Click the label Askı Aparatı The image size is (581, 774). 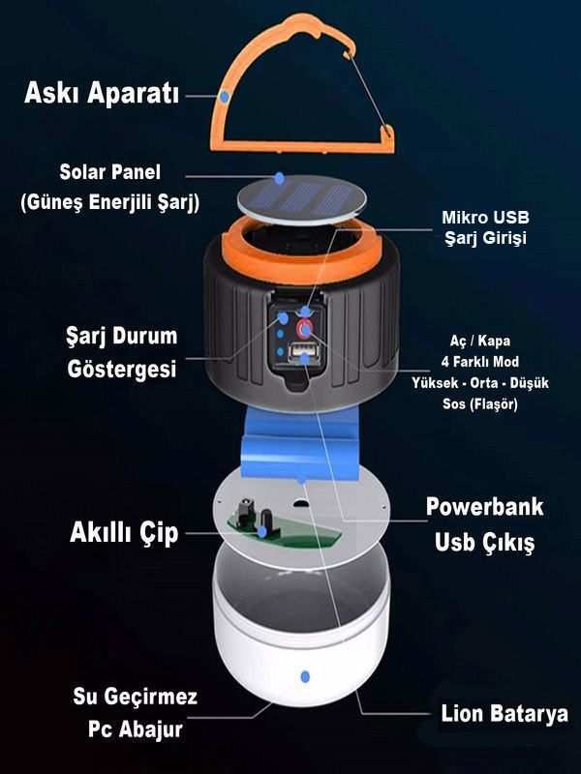[102, 92]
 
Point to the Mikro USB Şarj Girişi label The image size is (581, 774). [485, 227]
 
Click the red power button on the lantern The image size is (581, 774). [304, 328]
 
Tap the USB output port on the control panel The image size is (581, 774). [303, 352]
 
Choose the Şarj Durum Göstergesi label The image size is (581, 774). [122, 352]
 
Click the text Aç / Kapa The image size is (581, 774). [479, 341]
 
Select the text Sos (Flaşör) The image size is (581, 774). [479, 404]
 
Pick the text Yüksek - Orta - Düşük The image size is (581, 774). [479, 382]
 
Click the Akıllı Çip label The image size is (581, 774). [124, 533]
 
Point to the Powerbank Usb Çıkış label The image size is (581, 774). [485, 524]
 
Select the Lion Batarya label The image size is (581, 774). [504, 713]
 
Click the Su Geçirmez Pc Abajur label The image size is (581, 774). [135, 713]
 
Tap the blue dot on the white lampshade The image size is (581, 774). [305, 676]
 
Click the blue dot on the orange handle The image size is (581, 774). [225, 96]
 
